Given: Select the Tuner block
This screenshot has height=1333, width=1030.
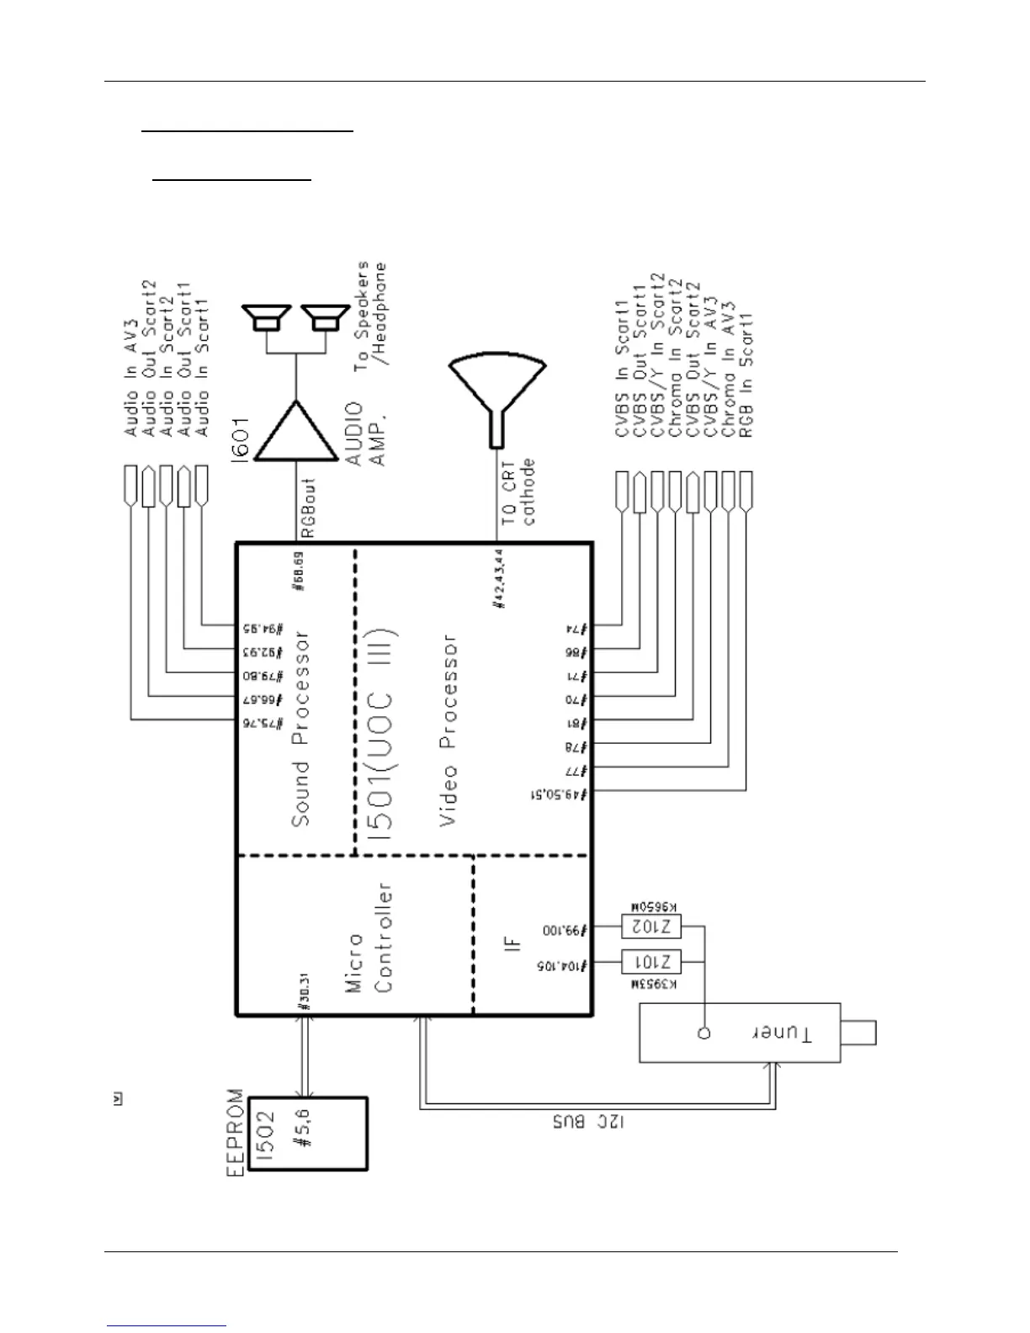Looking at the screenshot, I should click(x=741, y=1032).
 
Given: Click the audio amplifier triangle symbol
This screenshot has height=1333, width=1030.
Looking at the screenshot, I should click(x=295, y=431).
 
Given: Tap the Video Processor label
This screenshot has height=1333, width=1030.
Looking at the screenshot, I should click(x=449, y=730).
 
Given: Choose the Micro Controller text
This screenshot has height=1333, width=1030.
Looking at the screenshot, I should click(x=370, y=937).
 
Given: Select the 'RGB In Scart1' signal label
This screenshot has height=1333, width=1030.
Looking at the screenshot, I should click(x=746, y=374).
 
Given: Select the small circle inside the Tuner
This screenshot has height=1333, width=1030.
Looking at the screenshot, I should click(x=704, y=1032).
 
